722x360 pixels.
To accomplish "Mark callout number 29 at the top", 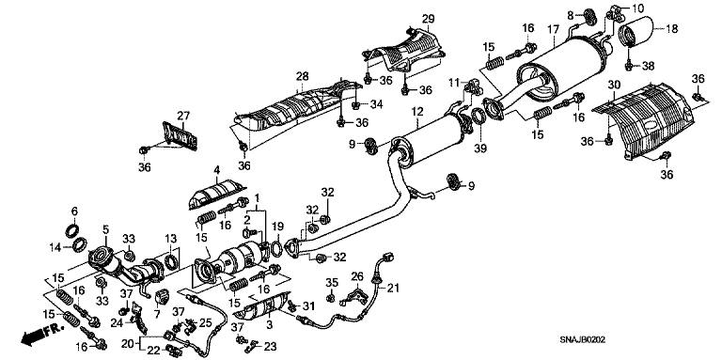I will (x=427, y=20).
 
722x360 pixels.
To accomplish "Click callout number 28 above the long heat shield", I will (x=302, y=75).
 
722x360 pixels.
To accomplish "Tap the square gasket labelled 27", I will (x=173, y=134).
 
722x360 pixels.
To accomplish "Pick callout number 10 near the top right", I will (x=637, y=8).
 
